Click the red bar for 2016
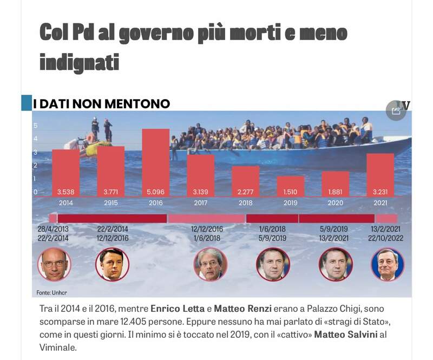click(x=155, y=162)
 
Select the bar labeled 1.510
click(x=290, y=186)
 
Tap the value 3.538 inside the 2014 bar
click(x=65, y=192)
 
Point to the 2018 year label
click(x=245, y=203)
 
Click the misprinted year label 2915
click(x=110, y=203)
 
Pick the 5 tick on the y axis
click(x=36, y=126)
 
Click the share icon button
click(x=396, y=110)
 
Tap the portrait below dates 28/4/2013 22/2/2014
click(x=54, y=264)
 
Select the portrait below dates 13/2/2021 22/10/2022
click(x=388, y=264)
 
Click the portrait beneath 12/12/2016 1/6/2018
click(x=211, y=264)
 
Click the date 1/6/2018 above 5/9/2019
click(x=272, y=229)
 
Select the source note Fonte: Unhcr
click(x=52, y=292)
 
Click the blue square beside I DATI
click(x=26, y=103)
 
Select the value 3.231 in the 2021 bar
click(x=380, y=192)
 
